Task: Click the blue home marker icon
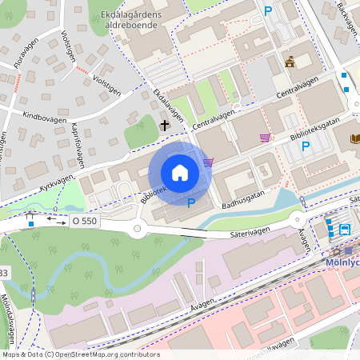180,173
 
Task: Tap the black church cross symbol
165,125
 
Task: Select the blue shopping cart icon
208,162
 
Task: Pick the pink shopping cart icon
265,138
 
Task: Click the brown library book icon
354,138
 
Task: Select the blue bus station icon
344,230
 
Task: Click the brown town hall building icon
289,62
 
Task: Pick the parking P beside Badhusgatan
190,203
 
